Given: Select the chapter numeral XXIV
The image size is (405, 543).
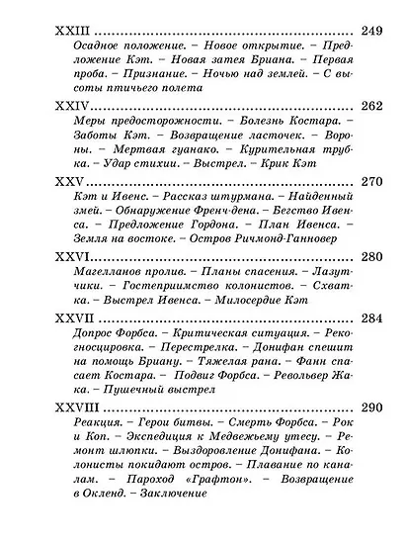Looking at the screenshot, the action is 67,103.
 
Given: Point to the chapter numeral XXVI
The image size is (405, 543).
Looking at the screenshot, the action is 67,254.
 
